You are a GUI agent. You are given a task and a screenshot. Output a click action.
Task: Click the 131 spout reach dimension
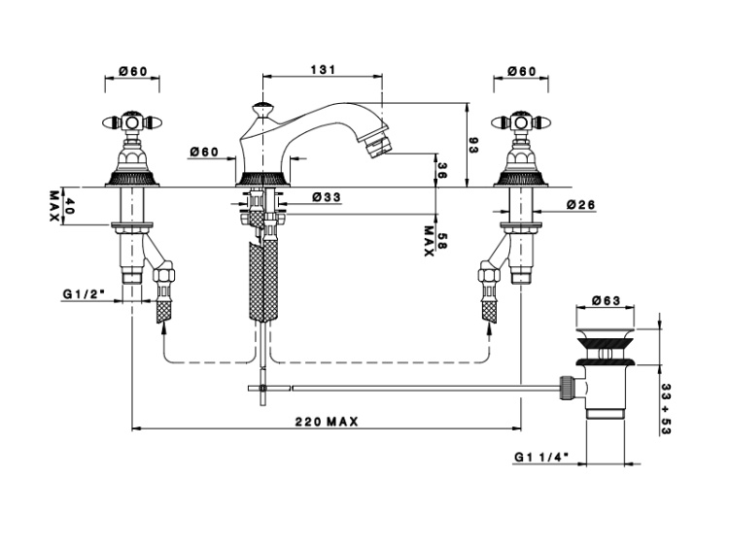pyautogui.click(x=323, y=70)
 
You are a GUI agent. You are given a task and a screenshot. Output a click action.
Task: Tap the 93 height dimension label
pyautogui.click(x=473, y=145)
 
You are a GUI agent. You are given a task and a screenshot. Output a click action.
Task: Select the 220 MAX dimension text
pyautogui.click(x=327, y=422)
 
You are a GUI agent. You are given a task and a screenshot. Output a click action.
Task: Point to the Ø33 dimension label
pyautogui.click(x=327, y=197)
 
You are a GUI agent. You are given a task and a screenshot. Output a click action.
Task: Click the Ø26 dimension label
pyautogui.click(x=580, y=204)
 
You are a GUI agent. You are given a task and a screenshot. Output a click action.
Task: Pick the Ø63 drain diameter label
pyautogui.click(x=606, y=300)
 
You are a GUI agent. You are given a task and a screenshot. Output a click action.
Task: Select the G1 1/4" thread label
pyautogui.click(x=541, y=457)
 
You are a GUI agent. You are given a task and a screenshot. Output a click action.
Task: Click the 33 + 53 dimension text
pyautogui.click(x=666, y=409)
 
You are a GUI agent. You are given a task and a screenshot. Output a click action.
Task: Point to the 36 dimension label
pyautogui.click(x=442, y=171)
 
